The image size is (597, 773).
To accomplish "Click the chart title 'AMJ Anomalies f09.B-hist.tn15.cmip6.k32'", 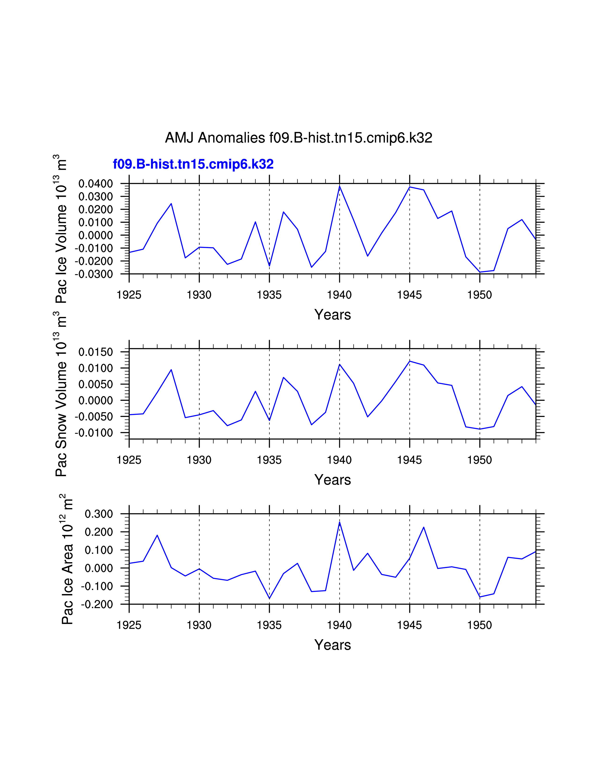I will pyautogui.click(x=298, y=138).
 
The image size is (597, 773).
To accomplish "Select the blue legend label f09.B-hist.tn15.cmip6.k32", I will pyautogui.click(x=193, y=164).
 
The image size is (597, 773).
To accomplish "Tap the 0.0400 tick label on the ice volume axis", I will pyautogui.click(x=96, y=184).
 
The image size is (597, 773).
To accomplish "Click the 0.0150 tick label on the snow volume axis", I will pyautogui.click(x=96, y=352).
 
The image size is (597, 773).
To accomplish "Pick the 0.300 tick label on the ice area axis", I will pyautogui.click(x=99, y=514).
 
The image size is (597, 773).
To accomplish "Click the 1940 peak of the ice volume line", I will pyautogui.click(x=339, y=186).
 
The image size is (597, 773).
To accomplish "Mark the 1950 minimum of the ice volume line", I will pyautogui.click(x=480, y=272).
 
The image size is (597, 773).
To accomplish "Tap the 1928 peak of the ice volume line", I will pyautogui.click(x=171, y=204).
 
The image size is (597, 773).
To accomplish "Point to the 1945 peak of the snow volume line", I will pyautogui.click(x=409, y=361).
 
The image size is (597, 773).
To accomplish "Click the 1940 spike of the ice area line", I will pyautogui.click(x=339, y=522).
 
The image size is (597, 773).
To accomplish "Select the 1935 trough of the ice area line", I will pyautogui.click(x=269, y=598).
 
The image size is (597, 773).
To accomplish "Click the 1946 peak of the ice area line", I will pyautogui.click(x=424, y=527).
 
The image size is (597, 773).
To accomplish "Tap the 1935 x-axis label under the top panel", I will pyautogui.click(x=269, y=295).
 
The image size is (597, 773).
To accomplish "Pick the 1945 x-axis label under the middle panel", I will pyautogui.click(x=409, y=460).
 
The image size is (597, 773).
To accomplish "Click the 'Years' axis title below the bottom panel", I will pyautogui.click(x=332, y=645).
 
